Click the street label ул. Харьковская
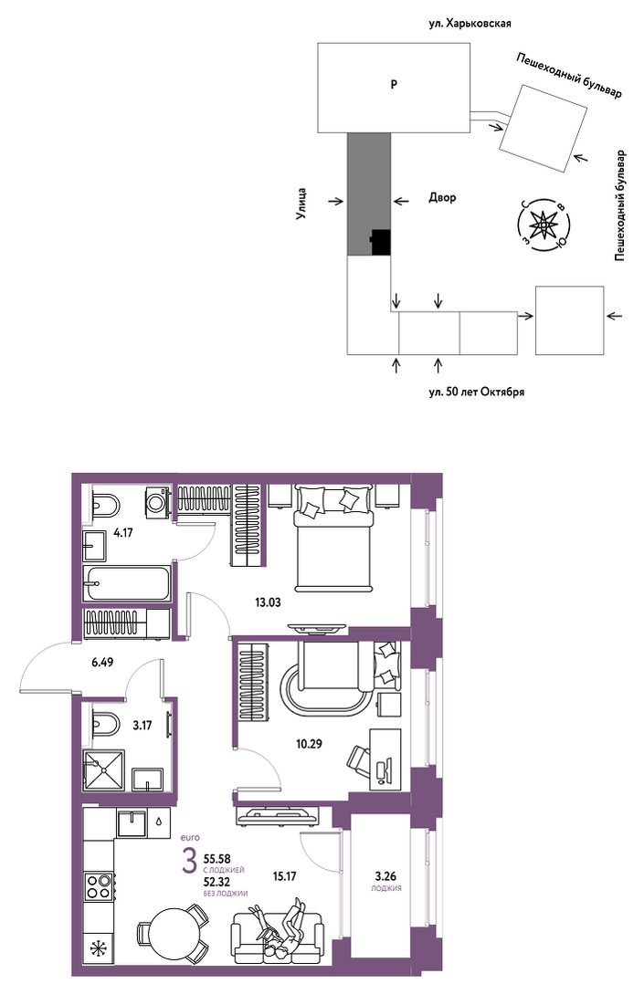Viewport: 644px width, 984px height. [470, 23]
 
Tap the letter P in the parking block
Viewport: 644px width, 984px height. [394, 84]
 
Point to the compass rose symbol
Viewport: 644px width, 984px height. [543, 224]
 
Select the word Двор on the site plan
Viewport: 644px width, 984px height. [442, 198]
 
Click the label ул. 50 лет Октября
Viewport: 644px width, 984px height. [476, 393]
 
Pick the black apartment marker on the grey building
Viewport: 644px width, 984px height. [381, 242]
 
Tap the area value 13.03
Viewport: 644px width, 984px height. [268, 602]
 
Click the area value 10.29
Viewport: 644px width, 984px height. [309, 744]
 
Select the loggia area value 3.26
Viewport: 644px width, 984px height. [385, 876]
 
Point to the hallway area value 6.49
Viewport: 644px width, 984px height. [101, 662]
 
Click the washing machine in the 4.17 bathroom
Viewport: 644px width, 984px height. [158, 502]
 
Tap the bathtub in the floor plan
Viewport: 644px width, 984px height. [126, 583]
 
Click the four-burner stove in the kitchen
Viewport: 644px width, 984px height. [99, 886]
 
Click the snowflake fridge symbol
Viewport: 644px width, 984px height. [99, 949]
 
